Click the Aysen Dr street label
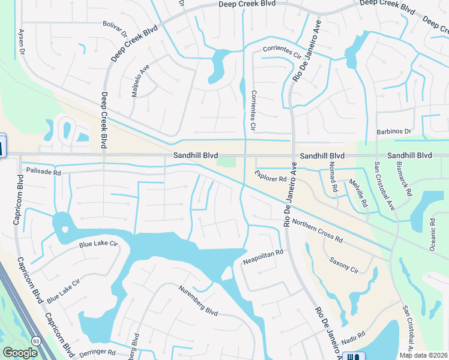22,40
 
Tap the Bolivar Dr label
116,30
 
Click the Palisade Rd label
44,172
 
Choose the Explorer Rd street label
270,178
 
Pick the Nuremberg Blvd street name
197,299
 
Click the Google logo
20,353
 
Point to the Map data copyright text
423,355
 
